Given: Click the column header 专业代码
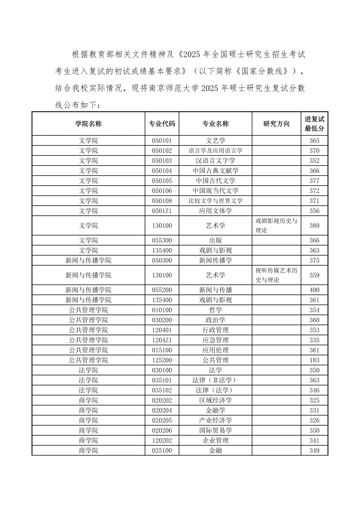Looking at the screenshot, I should click(x=162, y=124).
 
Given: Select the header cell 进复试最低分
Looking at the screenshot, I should click(x=314, y=124).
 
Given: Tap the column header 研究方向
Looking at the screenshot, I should click(x=276, y=124).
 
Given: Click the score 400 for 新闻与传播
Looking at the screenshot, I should click(x=314, y=290).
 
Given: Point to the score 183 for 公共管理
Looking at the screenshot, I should click(x=314, y=360).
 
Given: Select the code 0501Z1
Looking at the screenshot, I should click(x=162, y=211).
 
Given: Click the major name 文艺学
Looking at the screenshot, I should click(x=215, y=141).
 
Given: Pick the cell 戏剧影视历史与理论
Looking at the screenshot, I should click(x=276, y=225).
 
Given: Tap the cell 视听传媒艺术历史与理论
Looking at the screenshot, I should click(x=276, y=275).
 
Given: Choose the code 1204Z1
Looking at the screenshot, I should click(x=162, y=340).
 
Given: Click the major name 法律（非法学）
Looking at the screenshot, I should click(x=215, y=380).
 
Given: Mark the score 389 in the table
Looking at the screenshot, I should click(x=314, y=226).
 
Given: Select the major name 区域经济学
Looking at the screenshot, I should click(x=215, y=400).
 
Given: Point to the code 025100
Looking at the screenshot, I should click(x=162, y=450).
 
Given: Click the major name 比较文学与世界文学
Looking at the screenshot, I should click(x=215, y=201).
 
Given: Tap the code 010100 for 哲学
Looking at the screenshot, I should click(x=162, y=310).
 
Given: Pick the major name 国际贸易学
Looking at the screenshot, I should click(x=215, y=430).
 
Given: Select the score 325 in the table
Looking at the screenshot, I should click(x=314, y=400).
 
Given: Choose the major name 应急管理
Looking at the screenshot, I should click(x=215, y=340).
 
